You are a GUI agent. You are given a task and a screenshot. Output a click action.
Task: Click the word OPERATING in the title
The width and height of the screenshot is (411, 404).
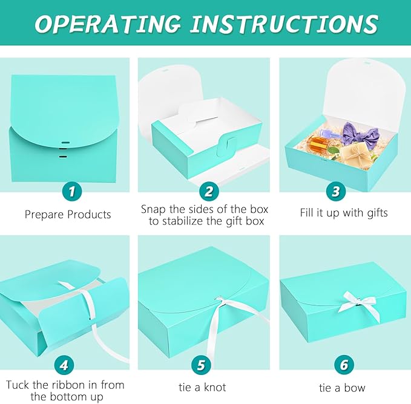coord(108,24)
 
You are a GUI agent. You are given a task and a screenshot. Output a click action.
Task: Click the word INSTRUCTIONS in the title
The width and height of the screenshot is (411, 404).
coord(284,24)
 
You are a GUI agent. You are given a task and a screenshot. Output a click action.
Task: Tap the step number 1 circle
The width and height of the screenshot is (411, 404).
coord(72,191)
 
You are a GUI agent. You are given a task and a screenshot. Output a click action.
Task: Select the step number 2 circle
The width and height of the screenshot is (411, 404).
coord(209,191)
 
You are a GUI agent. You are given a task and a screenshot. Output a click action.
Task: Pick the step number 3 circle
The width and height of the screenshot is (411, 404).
coord(336,191)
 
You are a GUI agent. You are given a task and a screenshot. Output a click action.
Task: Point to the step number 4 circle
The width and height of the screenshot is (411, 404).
coord(64,365)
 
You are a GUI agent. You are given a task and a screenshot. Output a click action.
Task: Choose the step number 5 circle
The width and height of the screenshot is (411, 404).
coord(201,365)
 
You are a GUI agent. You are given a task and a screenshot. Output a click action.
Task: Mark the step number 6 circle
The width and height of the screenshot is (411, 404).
coord(344,365)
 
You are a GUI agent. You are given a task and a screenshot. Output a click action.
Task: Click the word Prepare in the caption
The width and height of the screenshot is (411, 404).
coord(45,215)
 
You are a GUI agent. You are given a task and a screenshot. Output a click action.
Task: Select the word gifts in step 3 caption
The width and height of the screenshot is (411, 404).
coord(378,213)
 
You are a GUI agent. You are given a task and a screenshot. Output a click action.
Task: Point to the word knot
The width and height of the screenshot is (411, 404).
coord(215,387)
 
